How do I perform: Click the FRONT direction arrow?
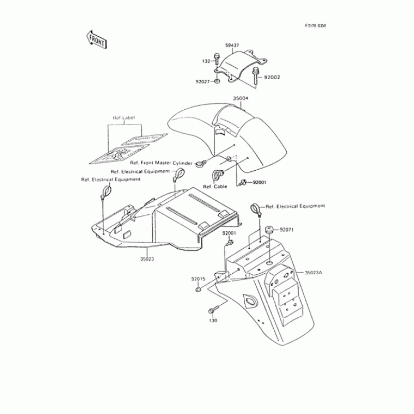[97, 39]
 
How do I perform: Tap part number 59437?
[232, 46]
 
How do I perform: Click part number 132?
[205, 61]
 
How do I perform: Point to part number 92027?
[203, 81]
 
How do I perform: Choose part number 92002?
[272, 77]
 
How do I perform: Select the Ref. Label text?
[124, 118]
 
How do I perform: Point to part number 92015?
[198, 279]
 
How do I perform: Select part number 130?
[213, 320]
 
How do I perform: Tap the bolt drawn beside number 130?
[212, 310]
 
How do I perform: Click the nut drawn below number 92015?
[199, 289]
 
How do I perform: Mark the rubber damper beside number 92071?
[270, 230]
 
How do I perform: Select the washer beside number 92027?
[217, 81]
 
